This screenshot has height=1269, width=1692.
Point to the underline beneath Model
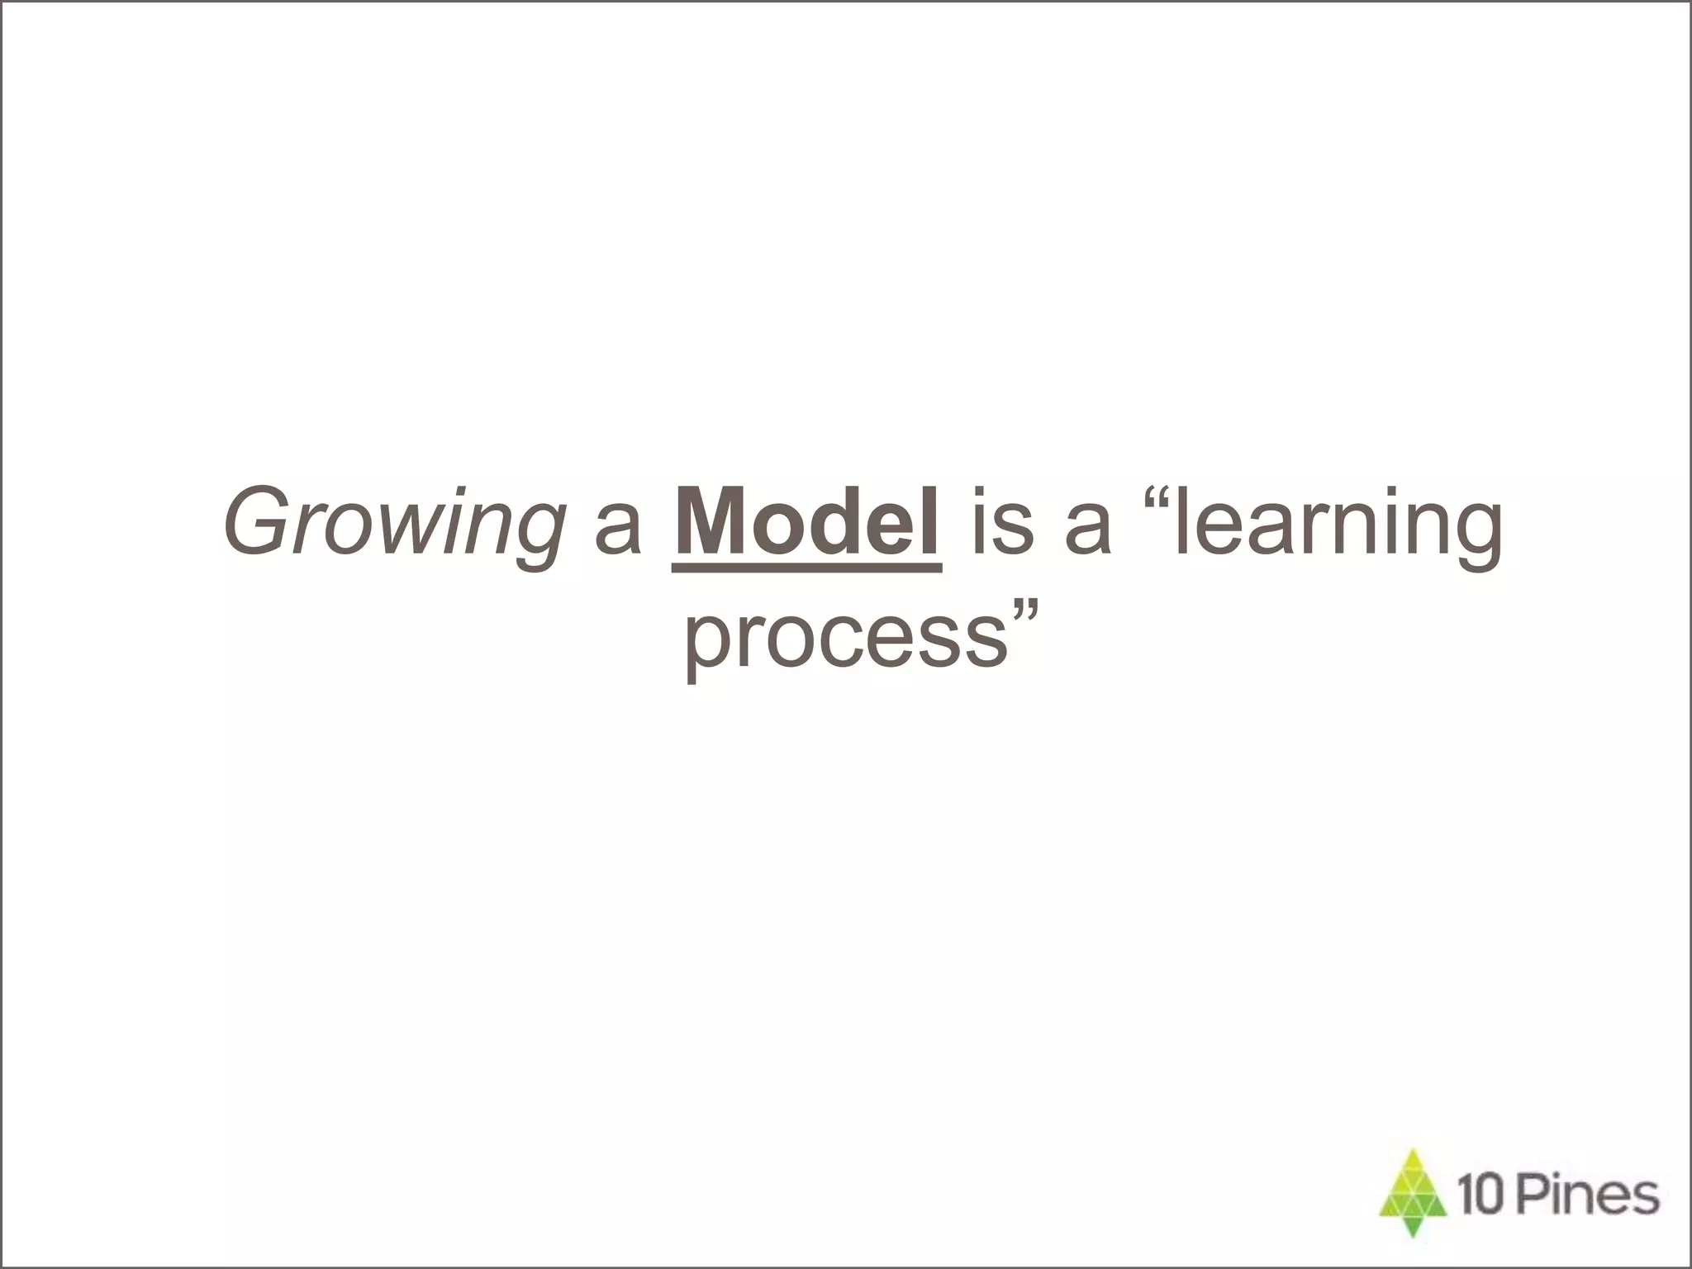coord(806,567)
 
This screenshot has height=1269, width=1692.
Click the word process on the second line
coord(847,640)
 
